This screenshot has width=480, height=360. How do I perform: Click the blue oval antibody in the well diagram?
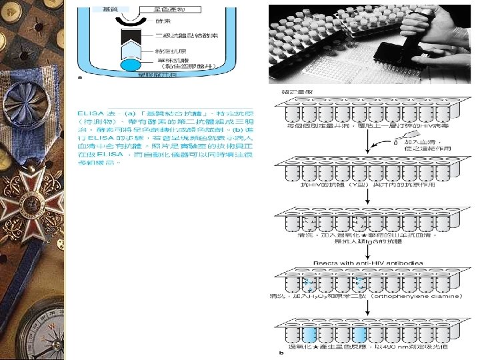tap(131, 66)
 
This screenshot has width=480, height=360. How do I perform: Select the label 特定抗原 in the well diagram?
tap(167, 51)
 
